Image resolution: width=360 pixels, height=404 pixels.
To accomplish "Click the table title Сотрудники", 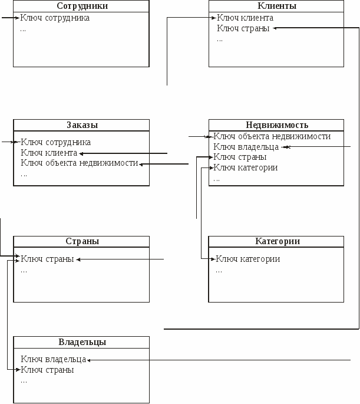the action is point(82,6).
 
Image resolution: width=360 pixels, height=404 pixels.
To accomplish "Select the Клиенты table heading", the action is point(277,6).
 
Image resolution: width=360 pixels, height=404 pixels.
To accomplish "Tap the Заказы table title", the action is point(82,125).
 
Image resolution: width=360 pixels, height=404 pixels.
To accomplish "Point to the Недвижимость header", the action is point(277,125).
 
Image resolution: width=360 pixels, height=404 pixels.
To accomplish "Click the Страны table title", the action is point(82,241).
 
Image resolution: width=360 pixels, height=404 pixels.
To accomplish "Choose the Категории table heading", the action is point(278,241).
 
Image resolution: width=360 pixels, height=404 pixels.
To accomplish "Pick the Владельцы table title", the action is point(82,342).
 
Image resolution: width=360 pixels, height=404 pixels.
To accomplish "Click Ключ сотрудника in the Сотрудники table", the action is point(55,18).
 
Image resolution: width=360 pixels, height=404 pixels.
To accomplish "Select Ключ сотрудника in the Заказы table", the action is point(55,142).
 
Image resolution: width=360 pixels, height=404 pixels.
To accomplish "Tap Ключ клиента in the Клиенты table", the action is point(245,18).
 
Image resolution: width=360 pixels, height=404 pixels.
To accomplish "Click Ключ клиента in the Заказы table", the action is point(49,153).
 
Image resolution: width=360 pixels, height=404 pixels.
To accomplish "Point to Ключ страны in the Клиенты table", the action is point(243,28).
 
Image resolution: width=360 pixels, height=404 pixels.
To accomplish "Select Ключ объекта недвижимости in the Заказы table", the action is point(80,163).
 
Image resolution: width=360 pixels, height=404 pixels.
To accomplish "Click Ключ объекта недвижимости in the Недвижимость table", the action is point(272,136).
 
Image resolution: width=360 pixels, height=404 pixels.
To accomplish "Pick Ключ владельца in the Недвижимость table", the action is point(246,147).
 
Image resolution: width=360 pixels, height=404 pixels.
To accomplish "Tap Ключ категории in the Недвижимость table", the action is point(246,167).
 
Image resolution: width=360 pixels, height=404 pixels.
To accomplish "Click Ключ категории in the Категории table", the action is point(248,259).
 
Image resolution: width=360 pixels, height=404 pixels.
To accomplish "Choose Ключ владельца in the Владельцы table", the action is point(53,359).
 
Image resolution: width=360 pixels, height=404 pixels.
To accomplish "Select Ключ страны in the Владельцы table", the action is point(47,370).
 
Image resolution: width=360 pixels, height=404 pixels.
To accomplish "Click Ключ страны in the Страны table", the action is point(47,259).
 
